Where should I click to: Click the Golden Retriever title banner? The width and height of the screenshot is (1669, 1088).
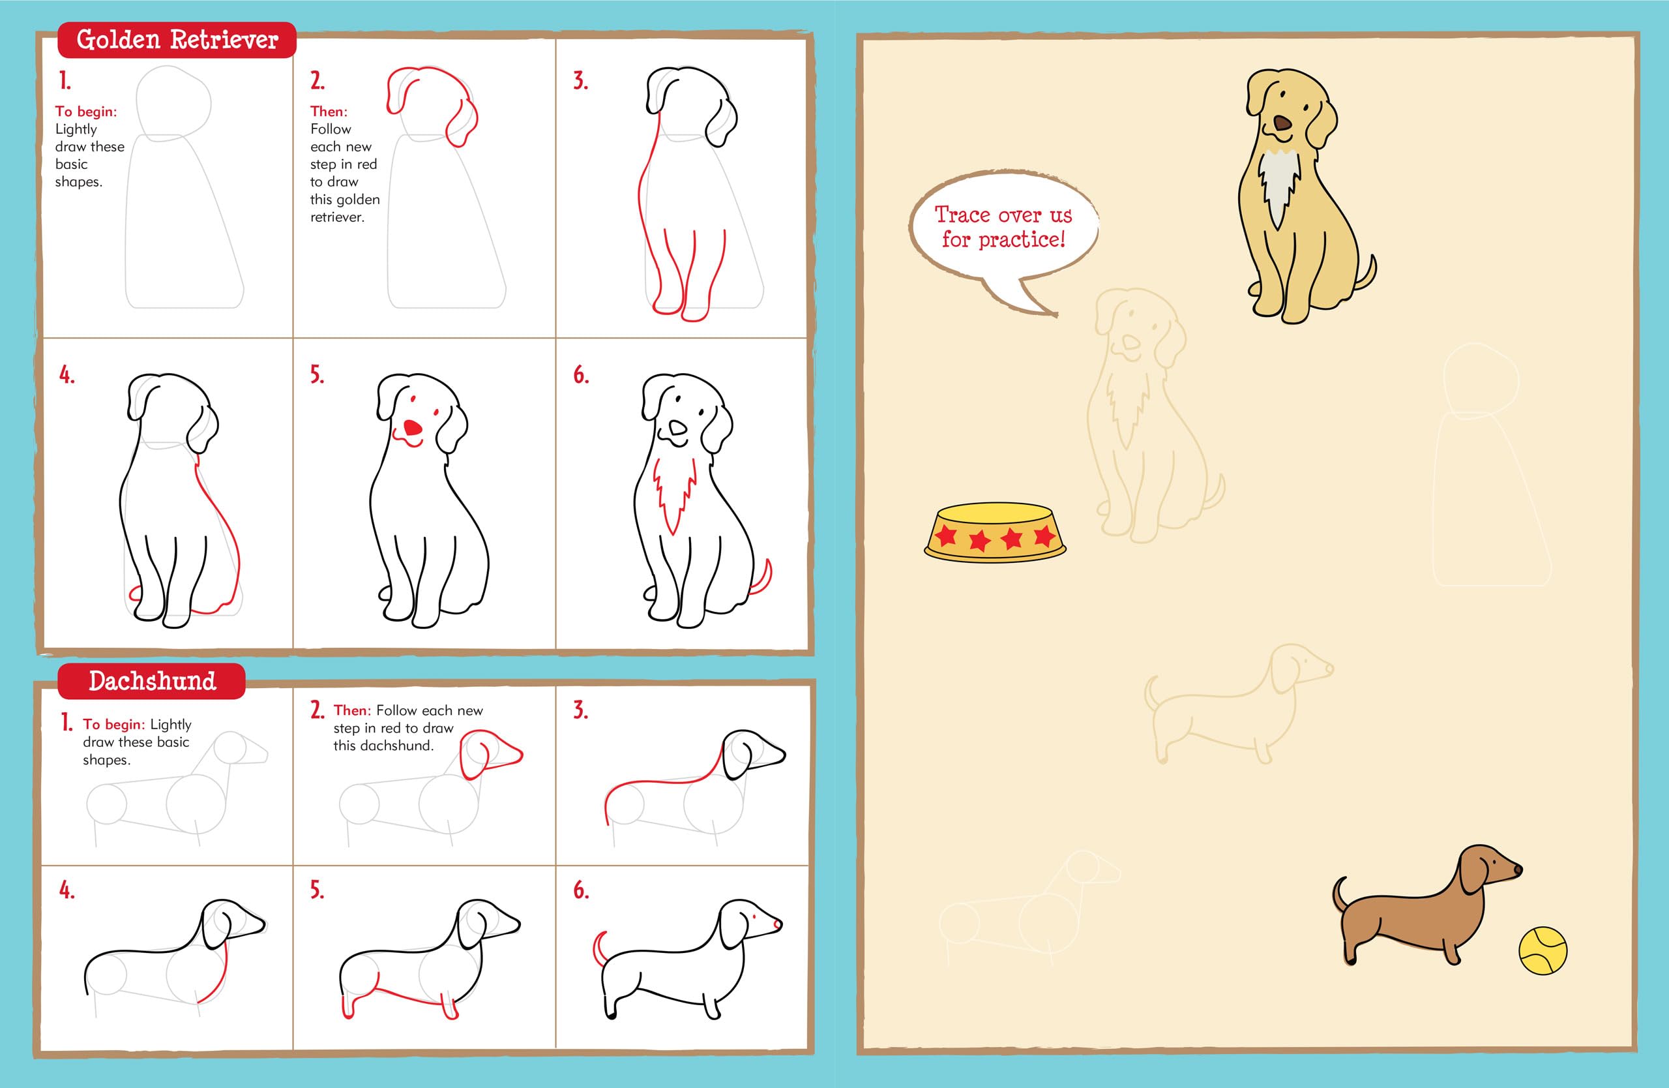coord(177,40)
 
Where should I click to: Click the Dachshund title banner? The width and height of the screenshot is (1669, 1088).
coord(151,681)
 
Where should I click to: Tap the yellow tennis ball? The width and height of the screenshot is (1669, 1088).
coord(1542,951)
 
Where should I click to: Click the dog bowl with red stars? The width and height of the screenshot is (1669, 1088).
coord(994,532)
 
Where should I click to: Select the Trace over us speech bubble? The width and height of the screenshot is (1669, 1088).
coord(1003,226)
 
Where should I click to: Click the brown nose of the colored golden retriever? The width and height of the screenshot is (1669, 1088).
coord(1282,124)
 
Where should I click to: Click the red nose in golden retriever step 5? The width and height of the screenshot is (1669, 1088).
coord(414,428)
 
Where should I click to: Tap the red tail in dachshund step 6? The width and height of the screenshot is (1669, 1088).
coord(598,946)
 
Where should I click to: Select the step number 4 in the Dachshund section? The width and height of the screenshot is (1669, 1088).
coord(66,891)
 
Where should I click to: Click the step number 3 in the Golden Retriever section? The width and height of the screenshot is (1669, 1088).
coord(580,82)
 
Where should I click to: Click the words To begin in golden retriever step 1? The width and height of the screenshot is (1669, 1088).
coord(86,112)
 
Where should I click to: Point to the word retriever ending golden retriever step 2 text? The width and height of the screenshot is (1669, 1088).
coord(337,217)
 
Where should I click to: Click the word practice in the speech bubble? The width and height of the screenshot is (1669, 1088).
coord(1021,240)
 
